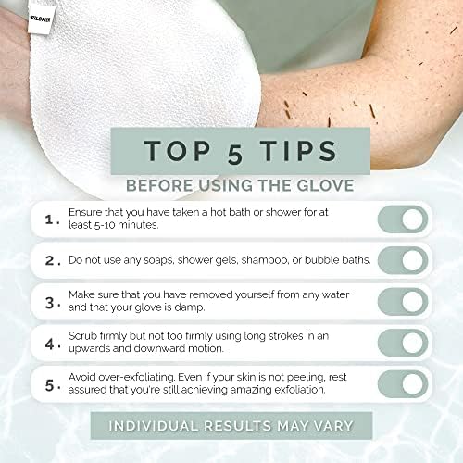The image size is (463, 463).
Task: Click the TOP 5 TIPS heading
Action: coord(231,151)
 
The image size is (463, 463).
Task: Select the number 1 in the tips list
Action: coord(52,219)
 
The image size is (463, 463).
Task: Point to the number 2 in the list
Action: coord(52,260)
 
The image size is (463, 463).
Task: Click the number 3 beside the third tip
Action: coord(52,302)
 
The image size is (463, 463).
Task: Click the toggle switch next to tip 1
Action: coord(402,219)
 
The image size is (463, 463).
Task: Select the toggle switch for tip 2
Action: coord(402,260)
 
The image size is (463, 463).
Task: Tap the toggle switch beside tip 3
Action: coord(402,302)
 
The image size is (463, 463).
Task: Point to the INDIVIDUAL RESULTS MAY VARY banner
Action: coord(231,426)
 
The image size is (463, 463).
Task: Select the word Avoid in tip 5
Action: coord(84,377)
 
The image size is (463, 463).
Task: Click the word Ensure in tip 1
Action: coord(89,213)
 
